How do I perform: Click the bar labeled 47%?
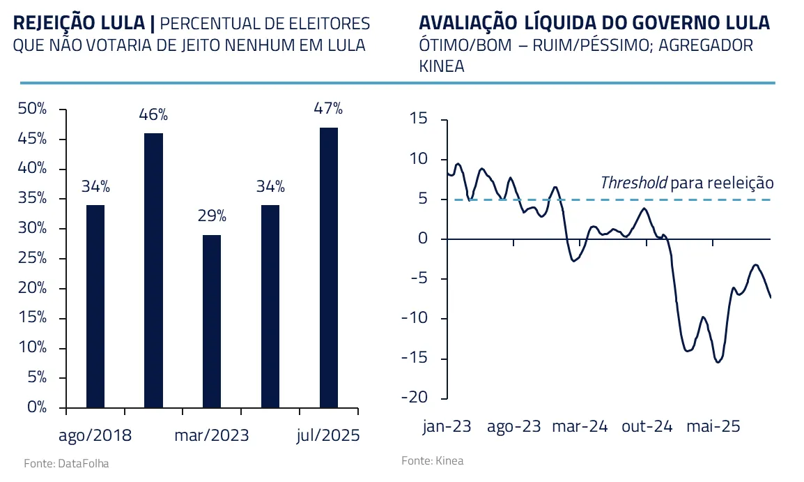tap(328, 267)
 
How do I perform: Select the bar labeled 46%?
tap(153, 270)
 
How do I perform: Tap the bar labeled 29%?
tap(212, 321)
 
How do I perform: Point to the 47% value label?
tap(328, 109)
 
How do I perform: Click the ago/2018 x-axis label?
tap(95, 436)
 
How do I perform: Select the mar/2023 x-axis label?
tap(212, 436)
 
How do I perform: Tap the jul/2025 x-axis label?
tap(328, 436)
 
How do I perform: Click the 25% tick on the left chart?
tap(33, 259)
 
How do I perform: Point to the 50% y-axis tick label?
tap(33, 109)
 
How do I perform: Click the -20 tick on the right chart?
tap(415, 398)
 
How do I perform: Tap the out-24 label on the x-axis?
tap(647, 427)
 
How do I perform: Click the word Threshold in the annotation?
tap(633, 183)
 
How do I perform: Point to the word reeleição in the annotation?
tap(740, 183)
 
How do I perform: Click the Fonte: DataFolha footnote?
tap(66, 463)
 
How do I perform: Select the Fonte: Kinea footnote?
tap(432, 461)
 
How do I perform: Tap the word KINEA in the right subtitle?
tap(442, 67)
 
